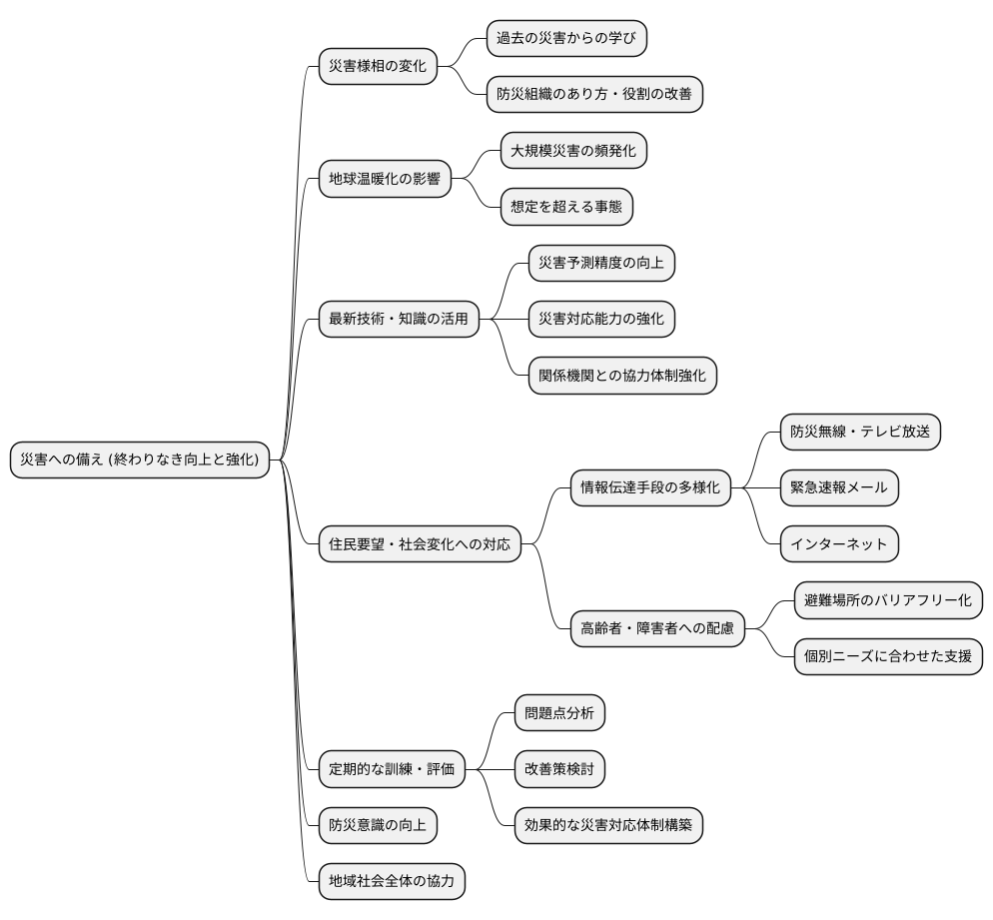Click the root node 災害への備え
[x=140, y=460]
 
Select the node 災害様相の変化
[x=378, y=67]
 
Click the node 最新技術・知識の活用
[x=398, y=320]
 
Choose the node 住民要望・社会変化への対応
[x=420, y=544]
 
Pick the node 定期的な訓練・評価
[x=392, y=769]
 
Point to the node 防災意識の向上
[x=378, y=825]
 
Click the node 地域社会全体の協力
[x=392, y=881]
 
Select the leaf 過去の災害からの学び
[x=566, y=39]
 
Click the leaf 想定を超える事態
[x=566, y=207]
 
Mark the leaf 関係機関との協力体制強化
[x=622, y=376]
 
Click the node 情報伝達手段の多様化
[x=650, y=488]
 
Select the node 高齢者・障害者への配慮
[x=657, y=628]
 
